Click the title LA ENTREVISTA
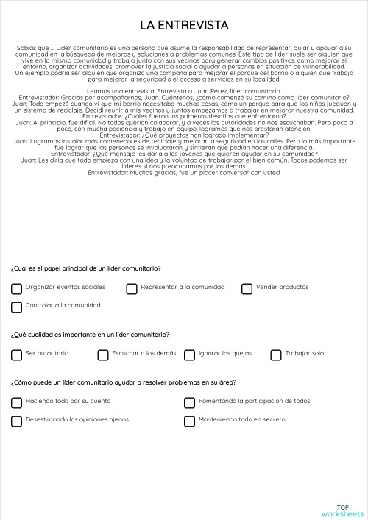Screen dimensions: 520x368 tap(184, 26)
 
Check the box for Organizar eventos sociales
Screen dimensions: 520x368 tap(16, 288)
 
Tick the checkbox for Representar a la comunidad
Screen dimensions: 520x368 tap(132, 288)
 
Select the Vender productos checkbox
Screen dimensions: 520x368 tap(247, 288)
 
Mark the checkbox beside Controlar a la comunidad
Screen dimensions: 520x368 tap(16, 306)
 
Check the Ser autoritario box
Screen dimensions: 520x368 tap(16, 355)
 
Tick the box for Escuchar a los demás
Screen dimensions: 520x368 tap(103, 355)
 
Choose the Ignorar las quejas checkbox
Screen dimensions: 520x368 tap(189, 355)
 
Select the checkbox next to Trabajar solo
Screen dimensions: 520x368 tap(276, 355)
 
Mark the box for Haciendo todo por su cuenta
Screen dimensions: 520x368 tap(16, 402)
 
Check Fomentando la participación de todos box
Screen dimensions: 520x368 tap(189, 402)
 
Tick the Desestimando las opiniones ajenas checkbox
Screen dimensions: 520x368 tap(16, 421)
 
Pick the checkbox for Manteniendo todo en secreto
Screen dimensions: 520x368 tap(189, 421)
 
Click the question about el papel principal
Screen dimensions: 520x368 tap(86, 268)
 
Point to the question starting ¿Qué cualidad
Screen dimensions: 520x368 tap(90, 335)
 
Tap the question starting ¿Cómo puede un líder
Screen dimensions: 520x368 tap(124, 382)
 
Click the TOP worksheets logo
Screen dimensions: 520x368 tap(343, 510)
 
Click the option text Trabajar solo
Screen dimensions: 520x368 tap(305, 354)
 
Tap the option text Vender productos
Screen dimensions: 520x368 tap(283, 288)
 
